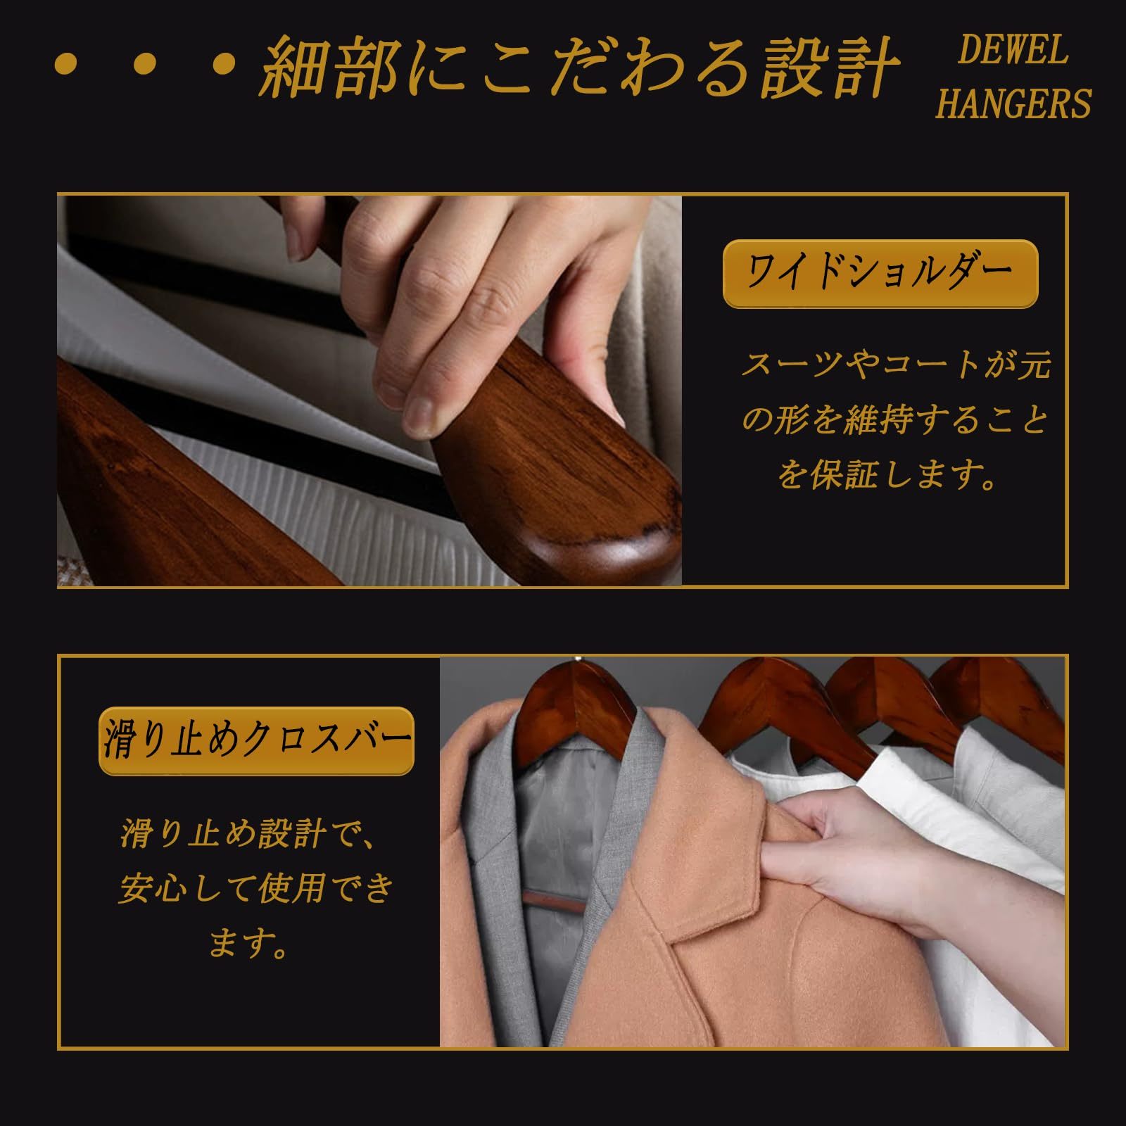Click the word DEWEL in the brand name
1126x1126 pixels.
(1013, 51)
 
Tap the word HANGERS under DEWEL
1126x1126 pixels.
(1013, 103)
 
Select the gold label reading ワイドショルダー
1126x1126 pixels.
(880, 273)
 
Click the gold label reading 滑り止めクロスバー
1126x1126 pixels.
(256, 740)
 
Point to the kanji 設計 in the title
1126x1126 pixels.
(830, 68)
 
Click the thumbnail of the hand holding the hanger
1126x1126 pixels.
(369, 391)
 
